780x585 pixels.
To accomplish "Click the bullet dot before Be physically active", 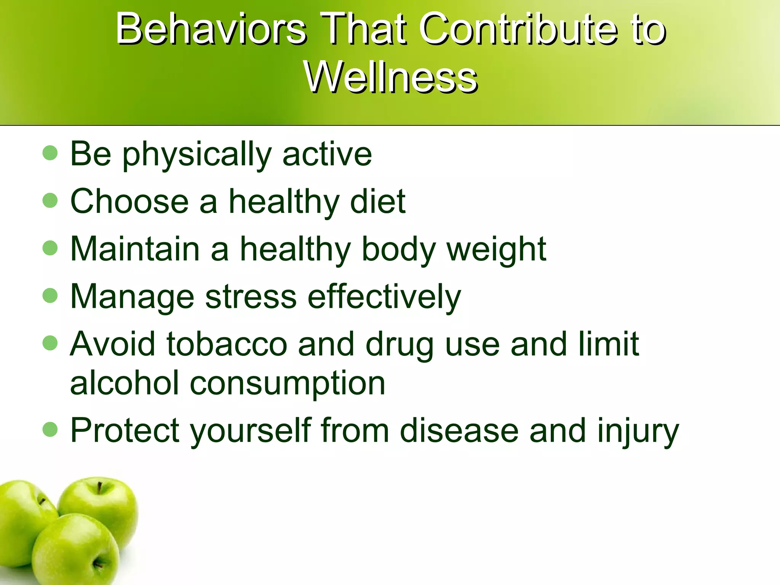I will pos(50,153).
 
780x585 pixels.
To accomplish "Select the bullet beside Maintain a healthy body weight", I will pos(50,248).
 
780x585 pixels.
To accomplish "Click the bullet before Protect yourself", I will pos(50,430).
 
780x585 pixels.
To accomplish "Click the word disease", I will pos(459,430).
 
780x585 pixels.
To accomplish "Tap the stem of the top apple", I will pos(99,487).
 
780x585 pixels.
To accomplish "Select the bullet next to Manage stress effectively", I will pos(50,296).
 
